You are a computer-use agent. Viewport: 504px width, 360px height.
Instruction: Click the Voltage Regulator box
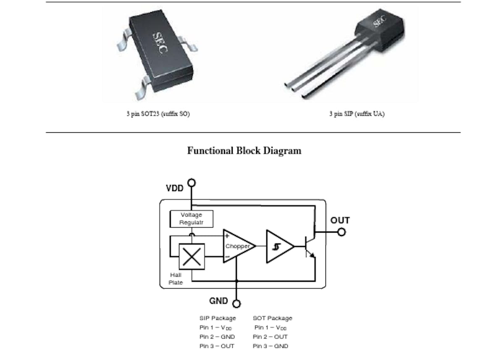point(192,219)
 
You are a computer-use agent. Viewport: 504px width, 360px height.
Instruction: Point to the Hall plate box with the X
point(192,257)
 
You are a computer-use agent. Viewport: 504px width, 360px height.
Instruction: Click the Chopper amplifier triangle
point(239,246)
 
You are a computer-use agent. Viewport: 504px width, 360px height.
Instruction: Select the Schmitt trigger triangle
point(280,247)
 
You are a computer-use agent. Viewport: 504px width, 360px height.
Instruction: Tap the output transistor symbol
point(310,247)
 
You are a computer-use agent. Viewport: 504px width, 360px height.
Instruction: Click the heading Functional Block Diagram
point(244,151)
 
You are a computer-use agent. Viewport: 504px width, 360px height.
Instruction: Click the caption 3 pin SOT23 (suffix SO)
point(158,113)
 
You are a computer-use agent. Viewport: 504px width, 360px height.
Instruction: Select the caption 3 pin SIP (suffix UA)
point(357,113)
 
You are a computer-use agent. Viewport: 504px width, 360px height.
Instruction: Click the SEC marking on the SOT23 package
point(160,42)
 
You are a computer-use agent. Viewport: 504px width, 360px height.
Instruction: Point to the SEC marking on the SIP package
point(380,21)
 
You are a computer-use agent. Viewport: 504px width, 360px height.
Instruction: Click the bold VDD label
point(175,188)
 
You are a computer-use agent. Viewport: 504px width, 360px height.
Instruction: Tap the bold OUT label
point(340,220)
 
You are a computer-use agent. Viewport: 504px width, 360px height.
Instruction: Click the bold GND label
point(218,301)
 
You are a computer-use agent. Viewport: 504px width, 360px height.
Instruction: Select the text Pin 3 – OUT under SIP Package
point(217,346)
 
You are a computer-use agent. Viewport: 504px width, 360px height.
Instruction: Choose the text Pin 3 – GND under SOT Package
point(270,346)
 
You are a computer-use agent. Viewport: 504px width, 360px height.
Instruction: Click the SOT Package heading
point(272,318)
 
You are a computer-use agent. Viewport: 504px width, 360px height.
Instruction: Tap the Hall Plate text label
point(176,279)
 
